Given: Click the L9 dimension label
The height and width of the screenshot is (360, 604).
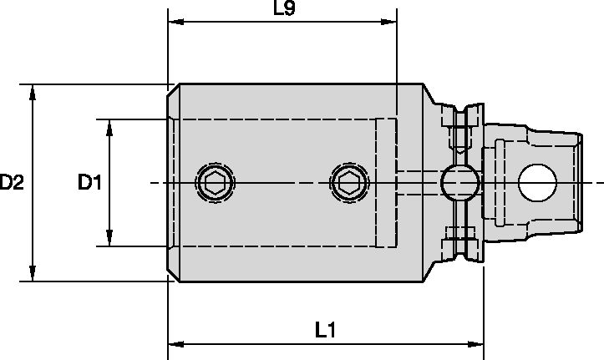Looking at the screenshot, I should tap(285, 10).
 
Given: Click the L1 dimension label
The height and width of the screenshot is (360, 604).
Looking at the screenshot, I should tap(327, 330).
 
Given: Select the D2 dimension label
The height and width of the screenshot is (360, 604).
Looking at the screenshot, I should tap(12, 182).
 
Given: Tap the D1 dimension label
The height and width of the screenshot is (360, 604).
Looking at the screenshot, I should tap(89, 182).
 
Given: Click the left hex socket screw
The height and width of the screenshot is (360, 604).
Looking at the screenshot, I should tap(213, 181).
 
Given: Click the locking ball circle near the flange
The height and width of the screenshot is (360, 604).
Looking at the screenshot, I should tap(459, 181).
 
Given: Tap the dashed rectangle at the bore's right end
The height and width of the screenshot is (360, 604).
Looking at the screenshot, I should tap(385, 183).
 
